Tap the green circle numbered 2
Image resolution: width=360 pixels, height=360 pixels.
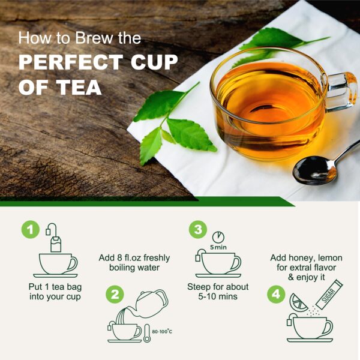(x=115, y=295)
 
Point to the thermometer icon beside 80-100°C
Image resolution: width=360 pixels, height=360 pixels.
(x=148, y=331)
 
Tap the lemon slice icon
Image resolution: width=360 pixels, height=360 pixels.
(x=299, y=302)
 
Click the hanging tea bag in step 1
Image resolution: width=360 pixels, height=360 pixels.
(x=56, y=242)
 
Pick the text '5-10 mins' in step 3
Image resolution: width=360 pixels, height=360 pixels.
(x=218, y=296)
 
